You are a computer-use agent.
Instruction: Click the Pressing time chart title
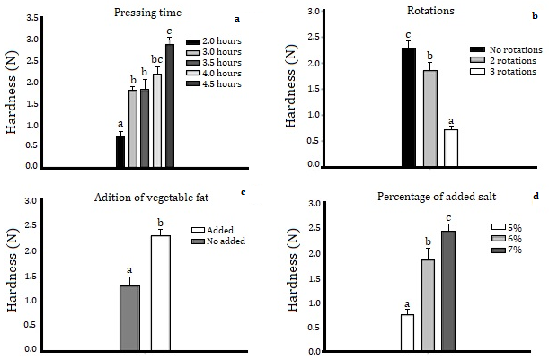148,13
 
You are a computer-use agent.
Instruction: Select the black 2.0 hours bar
120,152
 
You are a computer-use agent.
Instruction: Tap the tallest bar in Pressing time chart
169,105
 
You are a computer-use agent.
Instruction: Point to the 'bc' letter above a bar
156,60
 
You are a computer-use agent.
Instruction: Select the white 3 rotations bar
451,148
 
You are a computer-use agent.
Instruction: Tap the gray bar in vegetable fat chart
129,318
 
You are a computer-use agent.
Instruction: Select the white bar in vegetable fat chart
161,293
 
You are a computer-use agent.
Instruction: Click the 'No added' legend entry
218,241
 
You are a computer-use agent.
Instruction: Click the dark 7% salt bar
447,291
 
